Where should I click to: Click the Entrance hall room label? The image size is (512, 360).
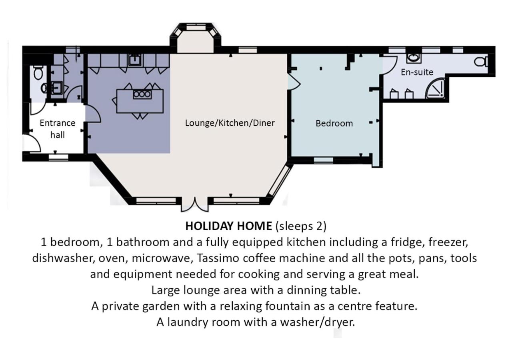click(57, 129)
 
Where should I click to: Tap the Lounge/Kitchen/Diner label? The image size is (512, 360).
click(230, 123)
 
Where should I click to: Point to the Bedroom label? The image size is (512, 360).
click(334, 124)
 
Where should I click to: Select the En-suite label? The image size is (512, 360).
click(417, 72)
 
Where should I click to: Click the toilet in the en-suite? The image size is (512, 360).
click(481, 62)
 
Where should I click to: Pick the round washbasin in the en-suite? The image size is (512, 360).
click(414, 58)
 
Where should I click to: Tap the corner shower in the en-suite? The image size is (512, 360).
click(435, 89)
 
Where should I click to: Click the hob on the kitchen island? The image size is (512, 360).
click(142, 94)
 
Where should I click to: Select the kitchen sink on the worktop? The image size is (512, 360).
click(135, 60)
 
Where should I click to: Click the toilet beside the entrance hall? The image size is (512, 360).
click(38, 72)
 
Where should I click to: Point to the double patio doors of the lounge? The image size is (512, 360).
click(195, 205)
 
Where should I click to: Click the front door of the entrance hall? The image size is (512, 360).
click(32, 143)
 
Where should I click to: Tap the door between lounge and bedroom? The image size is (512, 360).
click(294, 81)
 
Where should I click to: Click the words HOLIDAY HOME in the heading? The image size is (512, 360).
click(228, 226)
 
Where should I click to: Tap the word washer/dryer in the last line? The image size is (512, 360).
click(318, 322)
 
